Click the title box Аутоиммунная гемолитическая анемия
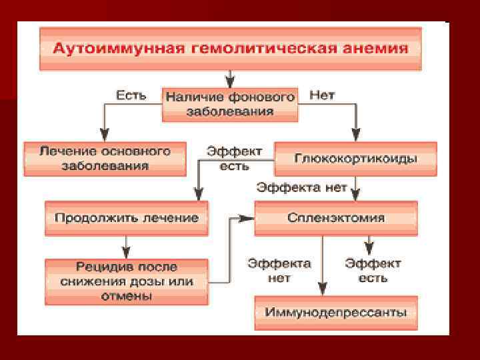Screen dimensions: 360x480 230,49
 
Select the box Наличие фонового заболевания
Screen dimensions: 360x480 229,104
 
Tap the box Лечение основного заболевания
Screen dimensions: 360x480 105,159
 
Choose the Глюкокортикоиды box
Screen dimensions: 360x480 355,159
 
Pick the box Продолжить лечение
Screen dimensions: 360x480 126,218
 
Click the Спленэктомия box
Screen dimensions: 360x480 336,218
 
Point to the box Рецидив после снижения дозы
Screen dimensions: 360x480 126,281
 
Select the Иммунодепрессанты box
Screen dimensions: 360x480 336,312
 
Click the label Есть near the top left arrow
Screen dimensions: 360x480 131,95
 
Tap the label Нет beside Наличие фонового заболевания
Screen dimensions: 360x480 322,95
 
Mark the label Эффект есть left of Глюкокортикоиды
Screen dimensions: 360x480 234,158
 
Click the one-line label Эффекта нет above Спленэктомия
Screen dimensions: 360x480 302,187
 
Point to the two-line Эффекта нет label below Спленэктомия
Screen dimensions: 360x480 279,271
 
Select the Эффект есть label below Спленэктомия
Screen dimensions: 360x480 373,271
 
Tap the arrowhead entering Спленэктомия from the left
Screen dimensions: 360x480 249,218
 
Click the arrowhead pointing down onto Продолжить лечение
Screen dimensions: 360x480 197,194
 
